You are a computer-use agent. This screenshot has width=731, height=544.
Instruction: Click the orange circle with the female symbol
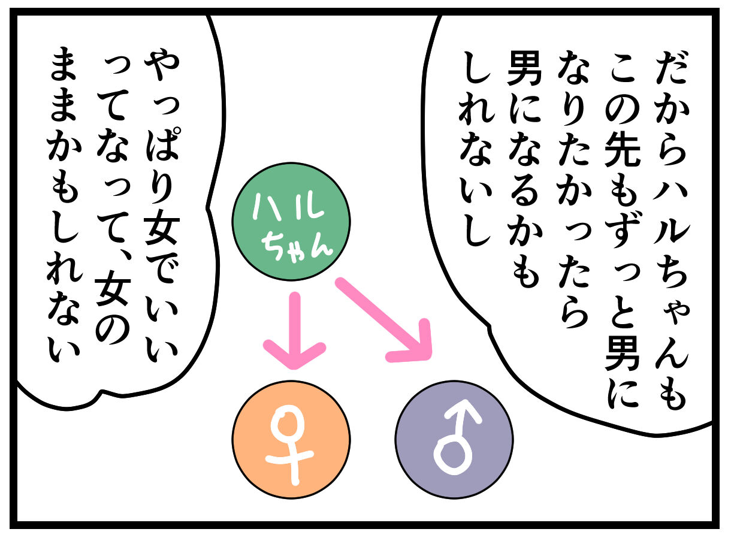[292, 439]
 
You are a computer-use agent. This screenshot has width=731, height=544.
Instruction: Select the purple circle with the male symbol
[454, 439]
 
